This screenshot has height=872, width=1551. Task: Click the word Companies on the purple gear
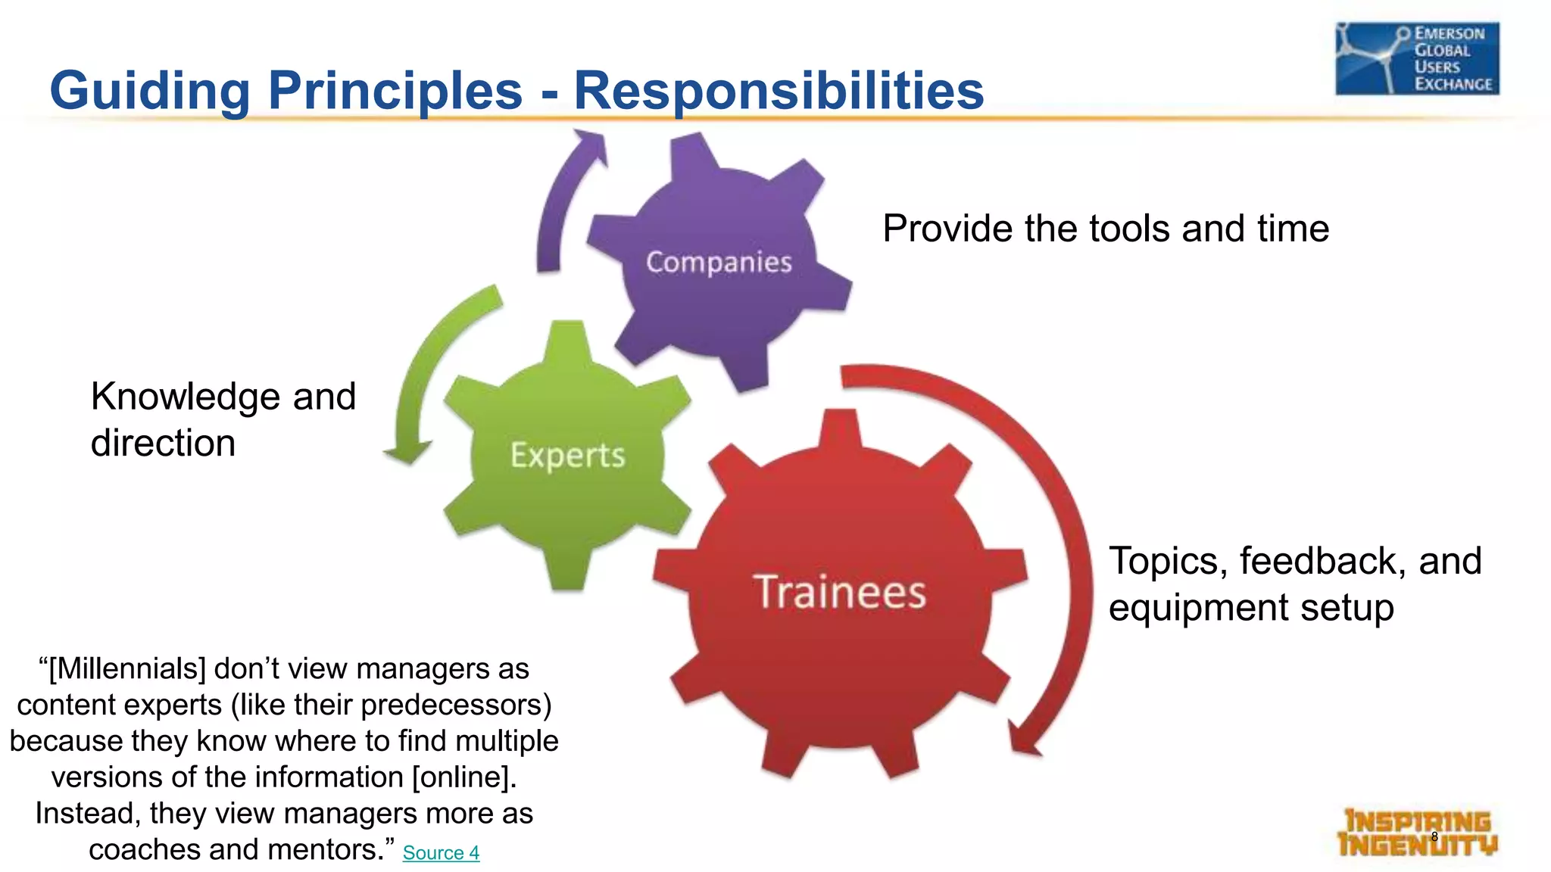[719, 262]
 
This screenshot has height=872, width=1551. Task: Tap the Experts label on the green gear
[567, 455]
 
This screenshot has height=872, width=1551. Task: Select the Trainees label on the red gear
[839, 591]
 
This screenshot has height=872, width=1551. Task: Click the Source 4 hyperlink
[441, 853]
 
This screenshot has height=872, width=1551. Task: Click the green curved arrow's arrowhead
[407, 453]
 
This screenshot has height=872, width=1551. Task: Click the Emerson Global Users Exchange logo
[1416, 58]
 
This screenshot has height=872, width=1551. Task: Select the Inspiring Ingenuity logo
[1416, 833]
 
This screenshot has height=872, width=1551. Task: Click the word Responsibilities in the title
[779, 90]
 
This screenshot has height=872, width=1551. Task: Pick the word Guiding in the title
[149, 90]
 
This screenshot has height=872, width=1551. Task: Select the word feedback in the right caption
[1322, 562]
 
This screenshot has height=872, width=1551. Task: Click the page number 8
[1434, 836]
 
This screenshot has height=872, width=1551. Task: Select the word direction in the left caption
[163, 443]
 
